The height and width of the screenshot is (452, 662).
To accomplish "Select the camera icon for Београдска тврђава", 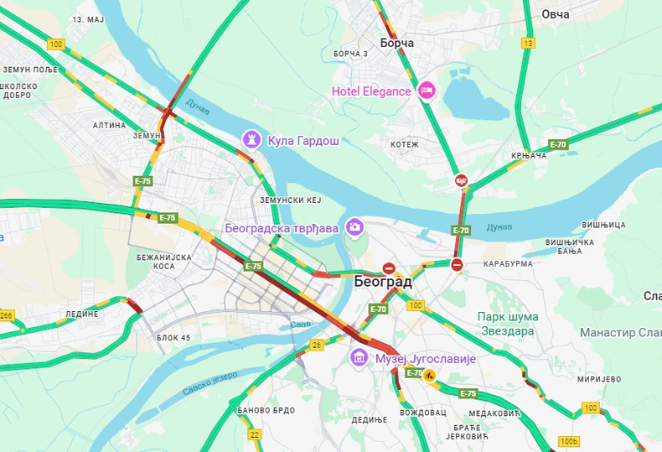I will point(354,226).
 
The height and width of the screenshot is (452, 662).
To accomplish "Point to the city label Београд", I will point(383,282).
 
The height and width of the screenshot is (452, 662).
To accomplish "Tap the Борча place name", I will point(396,42).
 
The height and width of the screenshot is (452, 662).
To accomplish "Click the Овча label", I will point(555,14).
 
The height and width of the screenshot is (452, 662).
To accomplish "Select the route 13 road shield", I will point(528,43).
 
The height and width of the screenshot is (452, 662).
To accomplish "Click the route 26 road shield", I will point(317,344).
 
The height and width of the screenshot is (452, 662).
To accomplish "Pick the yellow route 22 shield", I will point(254,434).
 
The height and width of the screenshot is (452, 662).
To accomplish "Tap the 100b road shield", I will point(569,441).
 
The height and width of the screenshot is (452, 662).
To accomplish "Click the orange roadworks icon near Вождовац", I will point(430,376).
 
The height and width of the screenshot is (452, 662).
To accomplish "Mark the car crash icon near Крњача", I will point(461,180).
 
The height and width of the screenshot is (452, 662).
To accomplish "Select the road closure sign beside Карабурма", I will point(457,265).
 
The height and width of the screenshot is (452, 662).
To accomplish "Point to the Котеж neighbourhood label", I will point(404,145).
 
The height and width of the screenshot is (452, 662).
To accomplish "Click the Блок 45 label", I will point(173,338).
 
